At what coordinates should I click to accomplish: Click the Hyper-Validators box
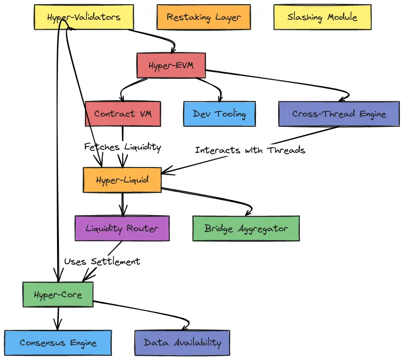tap(84, 17)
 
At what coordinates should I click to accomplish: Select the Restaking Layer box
tap(204, 17)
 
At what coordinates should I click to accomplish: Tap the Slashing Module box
tap(322, 17)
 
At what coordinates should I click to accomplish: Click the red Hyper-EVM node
tap(171, 66)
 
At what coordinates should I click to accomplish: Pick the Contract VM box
tap(123, 114)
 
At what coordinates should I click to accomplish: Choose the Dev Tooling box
tap(219, 114)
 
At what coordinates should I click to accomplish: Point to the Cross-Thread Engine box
tap(339, 114)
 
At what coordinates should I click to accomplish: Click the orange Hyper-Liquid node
tap(122, 180)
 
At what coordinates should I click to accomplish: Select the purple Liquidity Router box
tap(122, 228)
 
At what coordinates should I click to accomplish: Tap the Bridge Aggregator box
tap(246, 228)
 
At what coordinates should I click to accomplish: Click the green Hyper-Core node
tap(58, 295)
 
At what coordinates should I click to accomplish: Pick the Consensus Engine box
tap(58, 343)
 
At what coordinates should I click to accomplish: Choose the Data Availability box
tap(182, 343)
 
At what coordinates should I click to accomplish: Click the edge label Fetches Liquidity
tap(123, 147)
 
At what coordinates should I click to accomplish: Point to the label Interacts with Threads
tap(250, 150)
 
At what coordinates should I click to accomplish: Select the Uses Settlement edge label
tap(102, 261)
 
